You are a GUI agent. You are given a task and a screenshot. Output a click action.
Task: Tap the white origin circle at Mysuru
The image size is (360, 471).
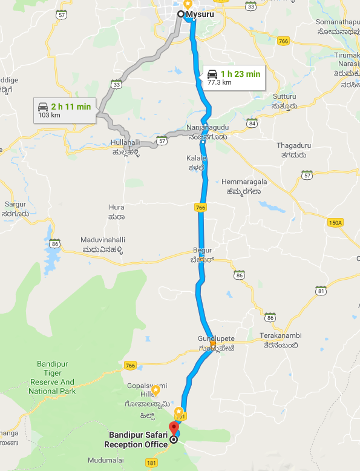click(181, 13)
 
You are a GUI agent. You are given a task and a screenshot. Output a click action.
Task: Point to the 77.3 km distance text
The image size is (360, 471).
click(220, 82)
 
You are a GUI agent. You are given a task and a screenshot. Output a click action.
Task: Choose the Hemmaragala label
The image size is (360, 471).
click(241, 181)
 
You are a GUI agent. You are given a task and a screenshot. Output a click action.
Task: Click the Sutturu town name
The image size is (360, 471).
click(284, 96)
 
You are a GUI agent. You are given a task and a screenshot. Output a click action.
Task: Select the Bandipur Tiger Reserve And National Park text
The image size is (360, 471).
click(53, 382)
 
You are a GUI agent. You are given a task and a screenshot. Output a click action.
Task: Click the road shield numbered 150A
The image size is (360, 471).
click(334, 223)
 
